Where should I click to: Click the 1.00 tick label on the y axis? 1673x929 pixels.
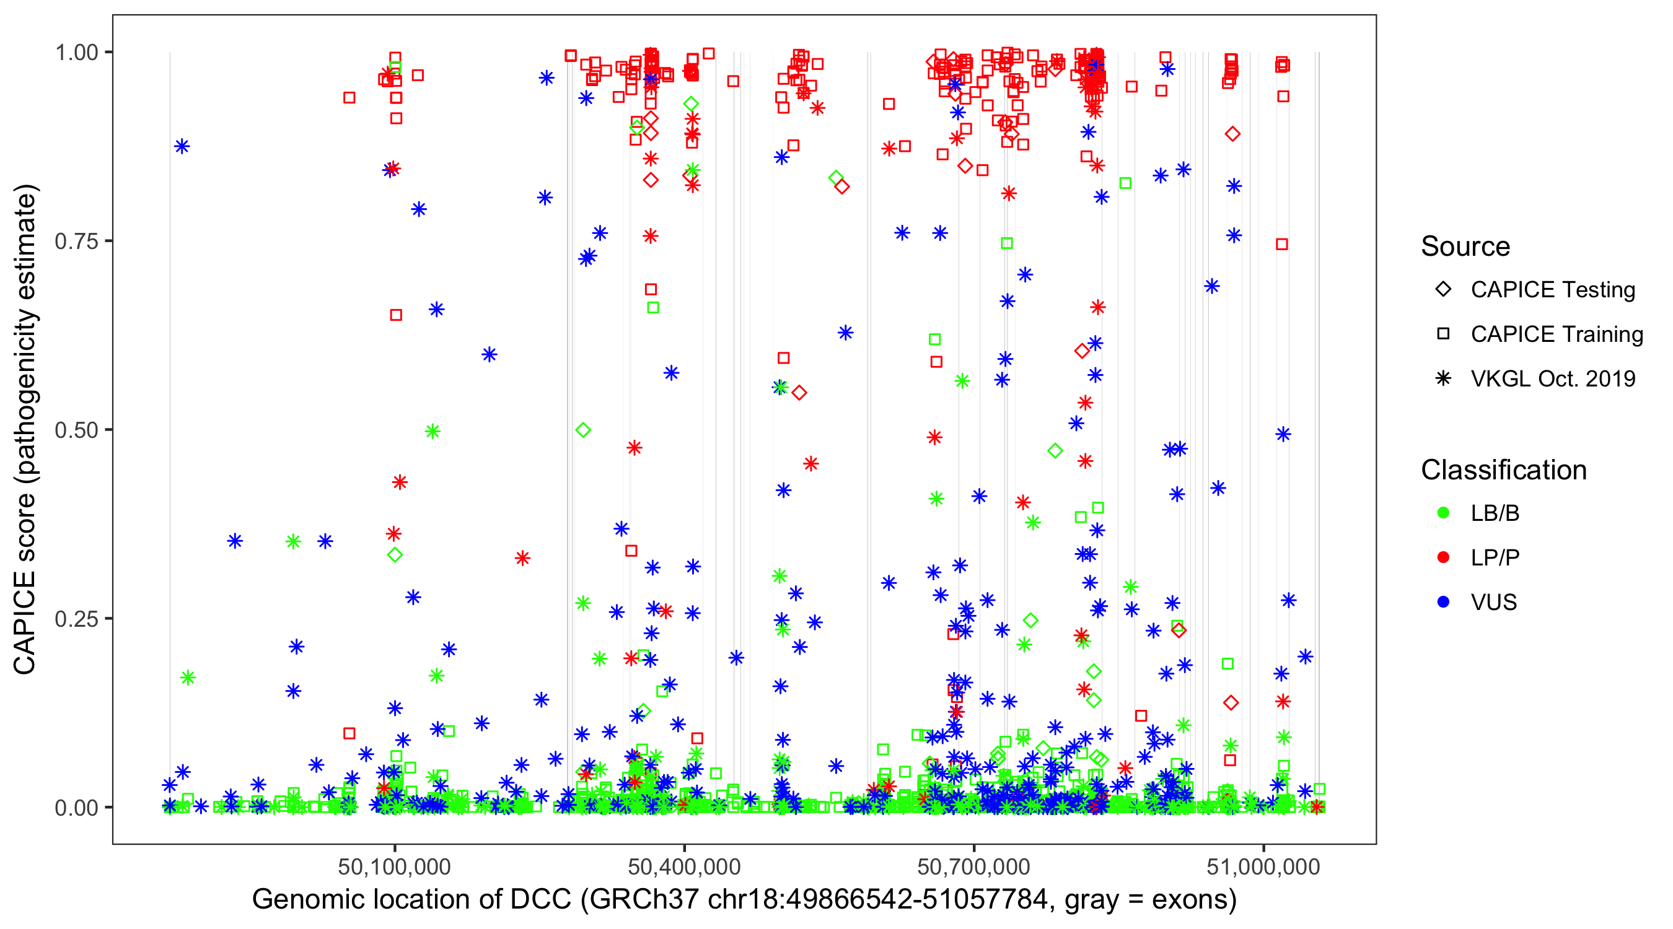pyautogui.click(x=76, y=53)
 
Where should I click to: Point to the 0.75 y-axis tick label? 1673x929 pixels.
pyautogui.click(x=76, y=242)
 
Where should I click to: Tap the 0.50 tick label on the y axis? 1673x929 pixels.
pyautogui.click(x=76, y=430)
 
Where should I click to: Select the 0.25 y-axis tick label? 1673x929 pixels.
pyautogui.click(x=76, y=619)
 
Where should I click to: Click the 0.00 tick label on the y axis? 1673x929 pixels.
pyautogui.click(x=76, y=808)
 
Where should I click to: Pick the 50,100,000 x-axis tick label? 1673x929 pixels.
pyautogui.click(x=394, y=866)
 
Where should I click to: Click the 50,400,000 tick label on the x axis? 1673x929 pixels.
pyautogui.click(x=684, y=866)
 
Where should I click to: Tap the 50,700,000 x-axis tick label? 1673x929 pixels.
pyautogui.click(x=973, y=866)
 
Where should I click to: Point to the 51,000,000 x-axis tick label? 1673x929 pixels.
pyautogui.click(x=1263, y=866)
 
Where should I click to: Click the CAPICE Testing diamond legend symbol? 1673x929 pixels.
pyautogui.click(x=1443, y=290)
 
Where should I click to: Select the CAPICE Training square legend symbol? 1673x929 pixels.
pyautogui.click(x=1443, y=334)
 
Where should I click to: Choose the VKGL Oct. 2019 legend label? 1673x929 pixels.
pyautogui.click(x=1553, y=379)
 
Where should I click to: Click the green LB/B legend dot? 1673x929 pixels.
pyautogui.click(x=1443, y=513)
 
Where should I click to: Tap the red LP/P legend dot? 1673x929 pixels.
pyautogui.click(x=1443, y=557)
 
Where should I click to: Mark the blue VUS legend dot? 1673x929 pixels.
pyautogui.click(x=1443, y=603)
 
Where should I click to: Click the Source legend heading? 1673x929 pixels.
pyautogui.click(x=1465, y=246)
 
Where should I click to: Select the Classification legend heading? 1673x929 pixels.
pyautogui.click(x=1503, y=470)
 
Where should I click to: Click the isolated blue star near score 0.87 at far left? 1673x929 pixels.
pyautogui.click(x=182, y=146)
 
